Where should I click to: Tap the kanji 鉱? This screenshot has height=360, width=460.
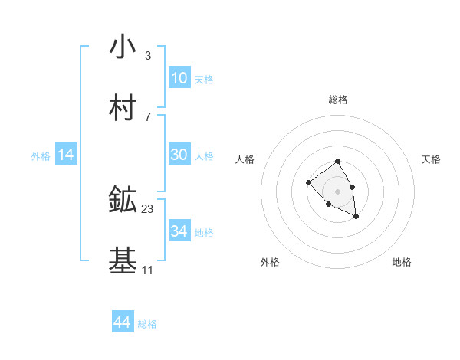(x=123, y=200)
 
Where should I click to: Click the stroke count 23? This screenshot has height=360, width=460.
(x=148, y=208)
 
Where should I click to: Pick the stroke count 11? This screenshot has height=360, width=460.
(x=147, y=270)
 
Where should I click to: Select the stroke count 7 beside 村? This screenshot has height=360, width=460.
(x=147, y=116)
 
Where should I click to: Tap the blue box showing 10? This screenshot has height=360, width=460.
(x=179, y=78)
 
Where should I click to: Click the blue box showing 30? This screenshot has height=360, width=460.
(x=179, y=155)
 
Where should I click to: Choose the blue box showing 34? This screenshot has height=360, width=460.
(x=179, y=231)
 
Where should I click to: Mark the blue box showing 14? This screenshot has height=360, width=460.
(x=66, y=155)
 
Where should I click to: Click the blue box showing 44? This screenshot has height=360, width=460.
(x=123, y=322)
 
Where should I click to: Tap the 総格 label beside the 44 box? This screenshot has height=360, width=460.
(x=147, y=324)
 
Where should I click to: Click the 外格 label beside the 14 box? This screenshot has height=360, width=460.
(x=41, y=156)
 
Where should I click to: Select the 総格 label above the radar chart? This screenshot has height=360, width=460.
(x=338, y=100)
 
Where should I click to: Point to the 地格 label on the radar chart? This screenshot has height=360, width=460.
(x=402, y=262)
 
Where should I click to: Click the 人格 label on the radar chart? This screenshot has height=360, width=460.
(x=245, y=159)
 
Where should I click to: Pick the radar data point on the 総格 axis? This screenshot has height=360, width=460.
(x=338, y=162)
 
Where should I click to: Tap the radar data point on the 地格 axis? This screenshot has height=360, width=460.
(x=356, y=217)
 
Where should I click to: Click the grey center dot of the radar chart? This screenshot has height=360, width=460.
(x=338, y=191)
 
